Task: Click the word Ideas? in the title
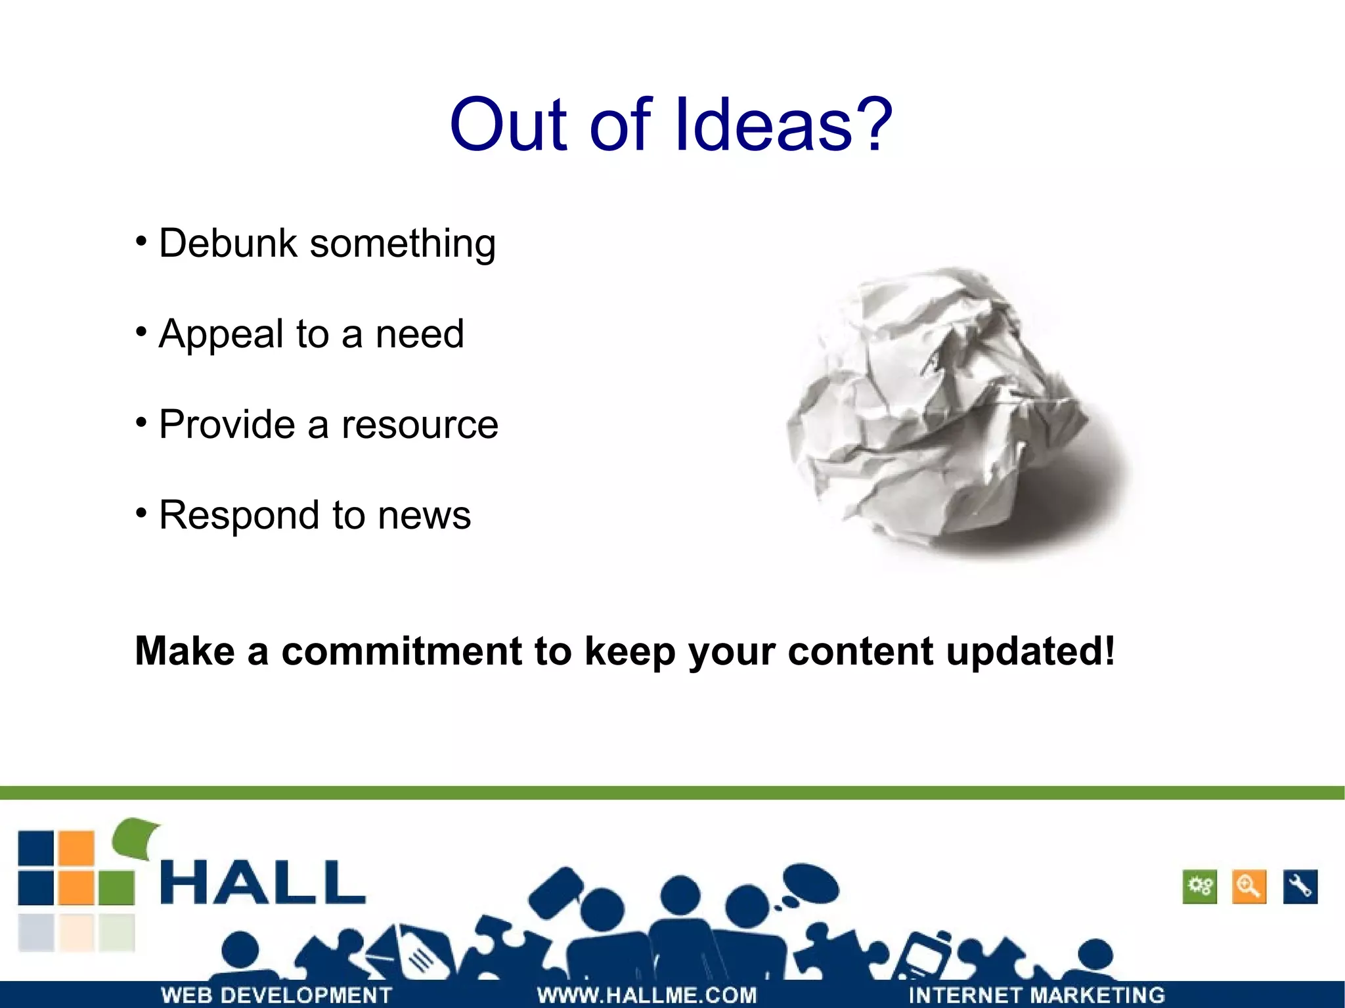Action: pyautogui.click(x=783, y=125)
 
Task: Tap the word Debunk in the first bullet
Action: pyautogui.click(x=228, y=244)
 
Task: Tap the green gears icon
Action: pyautogui.click(x=1200, y=887)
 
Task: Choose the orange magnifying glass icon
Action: pyautogui.click(x=1248, y=887)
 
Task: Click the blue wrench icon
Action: pyautogui.click(x=1300, y=887)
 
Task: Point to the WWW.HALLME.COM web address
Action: pyautogui.click(x=647, y=995)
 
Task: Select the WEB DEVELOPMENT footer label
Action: pyautogui.click(x=276, y=995)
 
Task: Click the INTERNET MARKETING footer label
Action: pyautogui.click(x=1036, y=995)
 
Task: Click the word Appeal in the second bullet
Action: pyautogui.click(x=221, y=334)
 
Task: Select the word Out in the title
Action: pyautogui.click(x=508, y=125)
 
